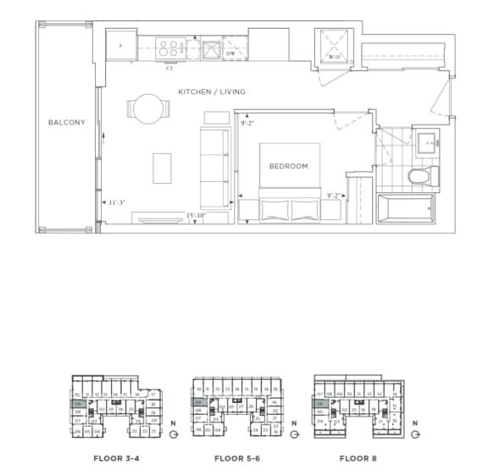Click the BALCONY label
click(x=67, y=123)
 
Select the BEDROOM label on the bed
click(x=288, y=166)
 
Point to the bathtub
click(x=405, y=206)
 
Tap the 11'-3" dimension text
click(x=117, y=202)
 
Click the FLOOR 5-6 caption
click(x=237, y=458)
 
